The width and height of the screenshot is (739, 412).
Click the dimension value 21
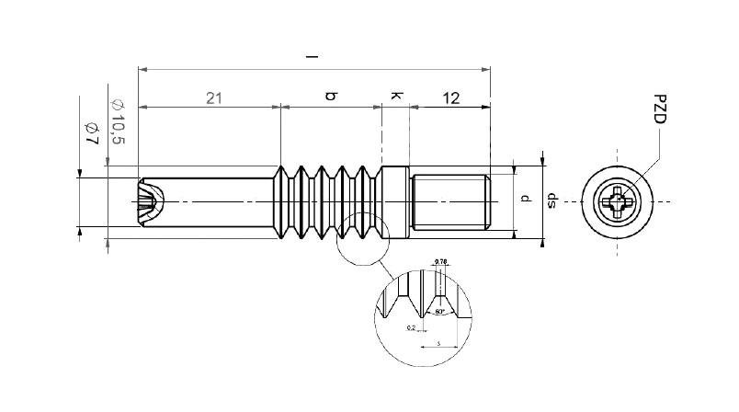(213, 97)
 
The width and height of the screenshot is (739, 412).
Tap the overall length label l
(313, 57)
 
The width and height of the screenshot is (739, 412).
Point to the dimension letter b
(331, 96)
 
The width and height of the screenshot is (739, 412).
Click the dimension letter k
(395, 96)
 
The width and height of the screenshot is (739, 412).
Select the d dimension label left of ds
(524, 199)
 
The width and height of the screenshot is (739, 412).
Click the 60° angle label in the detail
(441, 312)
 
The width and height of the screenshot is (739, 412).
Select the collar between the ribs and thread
(395, 201)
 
